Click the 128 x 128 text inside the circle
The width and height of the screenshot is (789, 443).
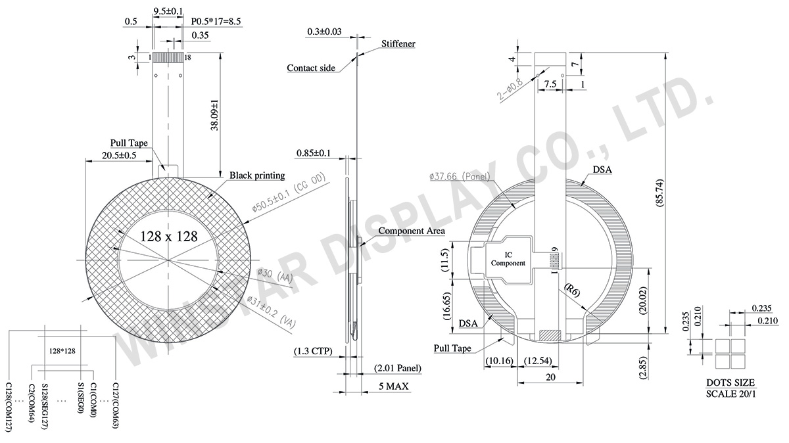click(x=169, y=237)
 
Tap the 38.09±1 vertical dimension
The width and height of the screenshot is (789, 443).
click(x=214, y=115)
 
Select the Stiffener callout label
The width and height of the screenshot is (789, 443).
click(x=398, y=43)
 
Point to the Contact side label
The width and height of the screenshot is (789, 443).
click(x=311, y=68)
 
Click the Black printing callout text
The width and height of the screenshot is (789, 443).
click(x=257, y=175)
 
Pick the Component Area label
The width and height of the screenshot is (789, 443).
click(x=412, y=231)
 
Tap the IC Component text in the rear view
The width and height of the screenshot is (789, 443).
click(x=508, y=259)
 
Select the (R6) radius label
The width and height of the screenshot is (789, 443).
click(x=572, y=291)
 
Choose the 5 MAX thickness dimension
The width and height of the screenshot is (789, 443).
click(x=393, y=386)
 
